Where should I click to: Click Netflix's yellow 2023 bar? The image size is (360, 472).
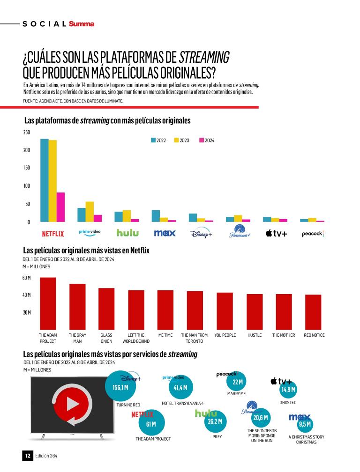pyautogui.click(x=52, y=181)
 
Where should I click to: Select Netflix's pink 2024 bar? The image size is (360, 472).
pyautogui.click(x=60, y=207)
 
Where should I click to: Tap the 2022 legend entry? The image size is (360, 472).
pyautogui.click(x=160, y=140)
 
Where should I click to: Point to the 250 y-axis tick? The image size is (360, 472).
pyautogui.click(x=26, y=133)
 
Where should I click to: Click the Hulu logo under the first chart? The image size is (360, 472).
pyautogui.click(x=127, y=233)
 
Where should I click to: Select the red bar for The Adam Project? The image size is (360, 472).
pyautogui.click(x=48, y=303)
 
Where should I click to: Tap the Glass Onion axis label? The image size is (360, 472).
pyautogui.click(x=106, y=338)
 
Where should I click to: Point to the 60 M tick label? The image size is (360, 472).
pyautogui.click(x=26, y=278)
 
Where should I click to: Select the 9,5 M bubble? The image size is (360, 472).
pyautogui.click(x=305, y=424)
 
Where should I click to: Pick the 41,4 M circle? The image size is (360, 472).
pyautogui.click(x=180, y=388)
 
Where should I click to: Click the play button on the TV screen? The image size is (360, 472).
pyautogui.click(x=68, y=404)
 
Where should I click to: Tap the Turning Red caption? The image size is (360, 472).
pyautogui.click(x=128, y=405)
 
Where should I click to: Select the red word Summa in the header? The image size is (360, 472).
pyautogui.click(x=81, y=24)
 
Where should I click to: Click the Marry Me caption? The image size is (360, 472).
pyautogui.click(x=236, y=394)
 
